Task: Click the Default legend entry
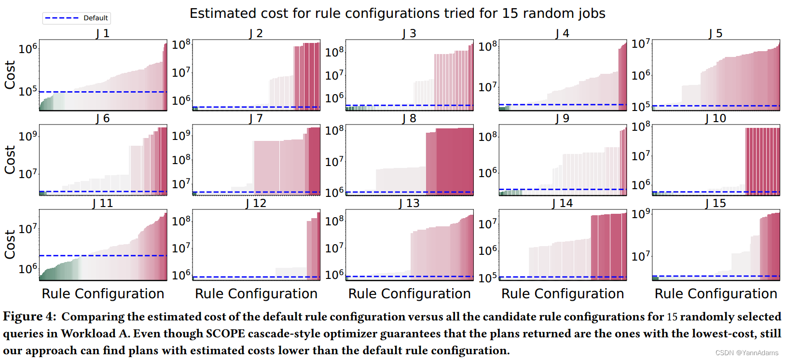coord(77,18)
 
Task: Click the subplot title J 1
coord(103,33)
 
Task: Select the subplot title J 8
coord(409,118)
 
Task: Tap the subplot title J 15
coord(716,203)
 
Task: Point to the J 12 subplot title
coord(256,203)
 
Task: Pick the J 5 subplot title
coord(716,33)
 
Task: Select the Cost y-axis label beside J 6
coord(10,160)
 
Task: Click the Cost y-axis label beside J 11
coord(10,245)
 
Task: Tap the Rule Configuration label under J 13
coord(409,294)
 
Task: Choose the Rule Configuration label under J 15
coord(716,294)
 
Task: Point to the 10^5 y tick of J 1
coord(28,91)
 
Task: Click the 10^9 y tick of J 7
coord(181,135)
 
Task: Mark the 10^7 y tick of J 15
coord(641,255)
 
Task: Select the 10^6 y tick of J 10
coord(641,184)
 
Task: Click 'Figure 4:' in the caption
coord(29,317)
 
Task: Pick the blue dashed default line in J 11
coord(103,255)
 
